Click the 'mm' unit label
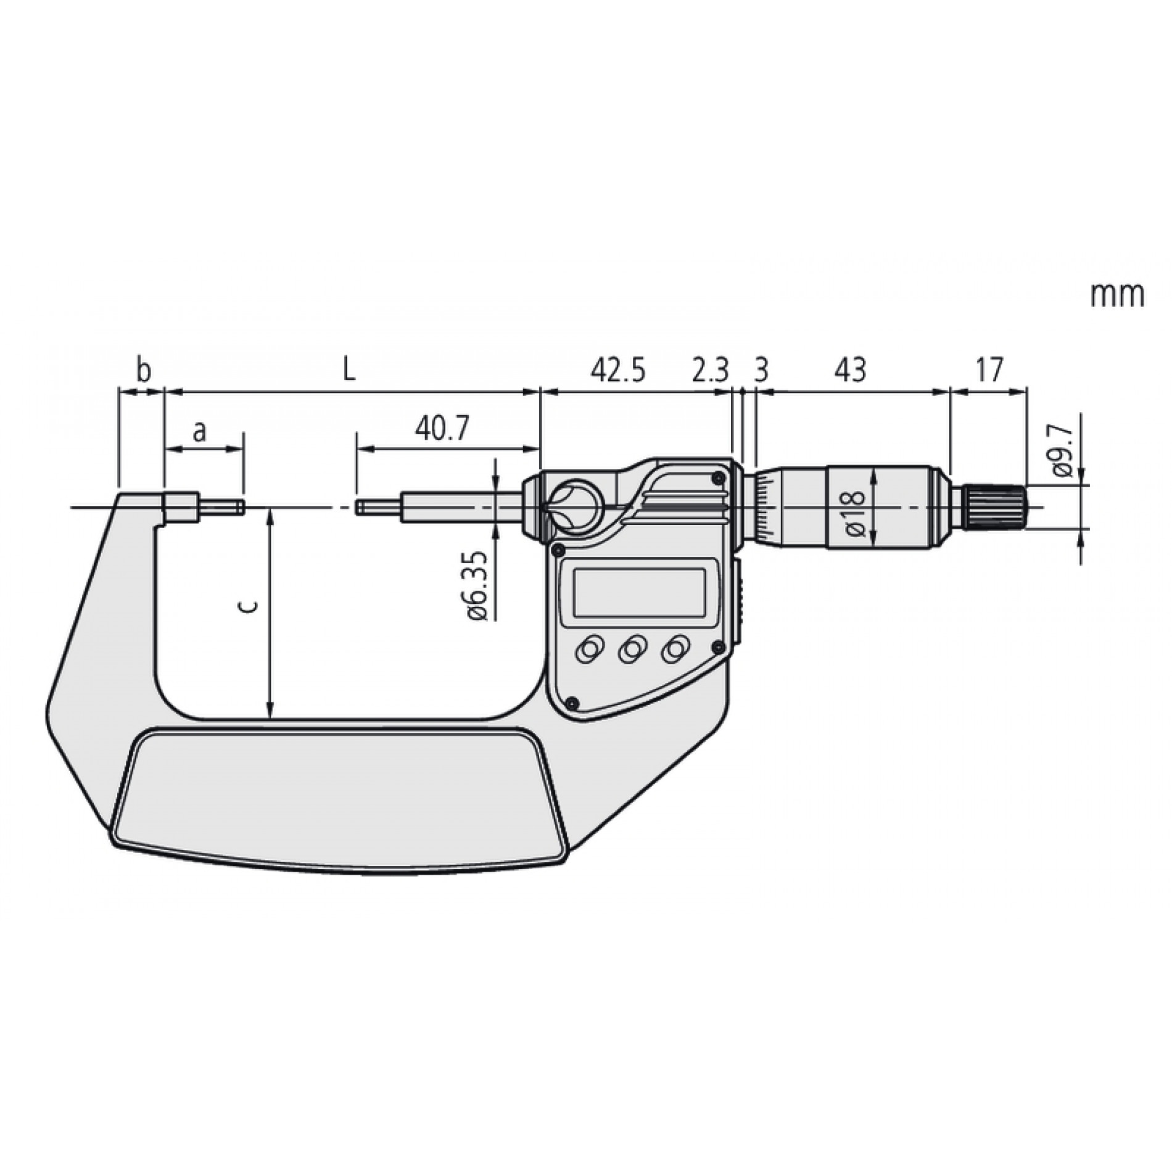(1117, 295)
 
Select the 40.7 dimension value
(442, 428)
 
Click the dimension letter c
(249, 607)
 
